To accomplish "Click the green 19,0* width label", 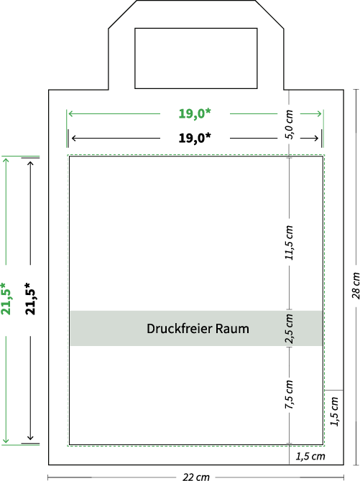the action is pyautogui.click(x=195, y=113).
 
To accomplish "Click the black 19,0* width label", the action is pyautogui.click(x=195, y=138).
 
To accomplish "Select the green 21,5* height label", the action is pyautogui.click(x=6, y=299).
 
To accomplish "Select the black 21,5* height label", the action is pyautogui.click(x=30, y=299).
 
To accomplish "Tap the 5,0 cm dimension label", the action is pyautogui.click(x=289, y=124).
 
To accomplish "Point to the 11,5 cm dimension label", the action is pyautogui.click(x=289, y=243).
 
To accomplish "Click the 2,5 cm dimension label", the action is pyautogui.click(x=289, y=329).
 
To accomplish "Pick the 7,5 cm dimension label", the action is pyautogui.click(x=289, y=395).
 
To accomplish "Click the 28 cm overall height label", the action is pyautogui.click(x=356, y=286).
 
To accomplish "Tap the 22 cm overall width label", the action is pyautogui.click(x=196, y=477).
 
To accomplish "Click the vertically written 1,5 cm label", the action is pyautogui.click(x=335, y=411).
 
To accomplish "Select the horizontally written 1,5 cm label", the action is pyautogui.click(x=310, y=457).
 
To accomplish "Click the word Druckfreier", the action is pyautogui.click(x=180, y=329).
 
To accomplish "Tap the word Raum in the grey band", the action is pyautogui.click(x=232, y=329).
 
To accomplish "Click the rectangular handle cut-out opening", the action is pyautogui.click(x=196, y=29).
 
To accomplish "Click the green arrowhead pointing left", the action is pyautogui.click(x=71, y=114).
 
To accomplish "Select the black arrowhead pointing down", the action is pyautogui.click(x=30, y=436).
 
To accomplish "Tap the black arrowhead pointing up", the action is pyautogui.click(x=30, y=164).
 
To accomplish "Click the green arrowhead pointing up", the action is pyautogui.click(x=6, y=161).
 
